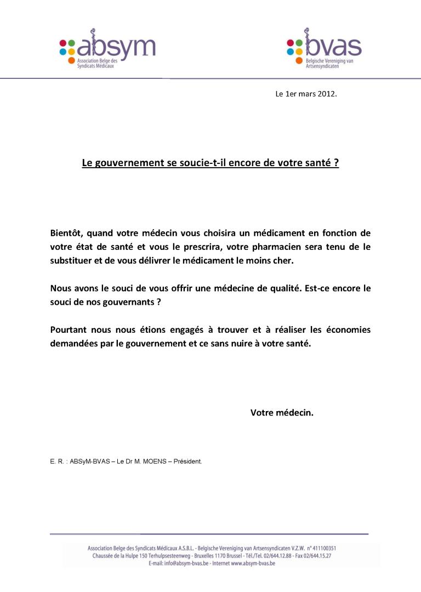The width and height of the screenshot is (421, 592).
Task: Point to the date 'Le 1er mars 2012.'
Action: click(306, 94)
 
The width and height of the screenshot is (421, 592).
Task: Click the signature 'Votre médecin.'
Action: click(282, 413)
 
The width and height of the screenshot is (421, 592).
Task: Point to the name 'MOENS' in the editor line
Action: click(157, 461)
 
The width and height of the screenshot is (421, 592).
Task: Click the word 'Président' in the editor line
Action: click(187, 461)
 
